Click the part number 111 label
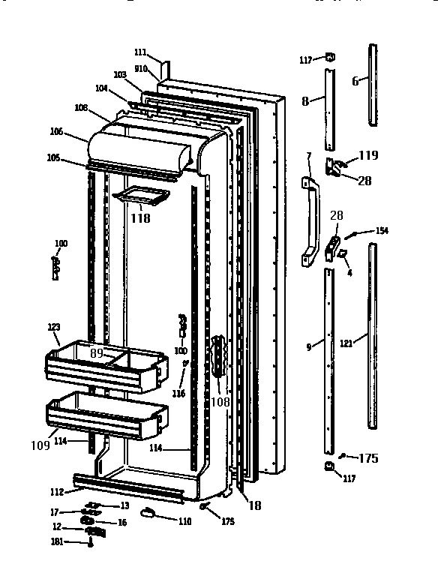tap(140, 52)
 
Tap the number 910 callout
tap(139, 68)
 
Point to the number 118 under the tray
tap(140, 218)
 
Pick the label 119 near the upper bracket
tap(368, 157)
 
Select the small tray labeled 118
tap(139, 196)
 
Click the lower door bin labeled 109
tap(106, 417)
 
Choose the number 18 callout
tap(255, 505)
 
